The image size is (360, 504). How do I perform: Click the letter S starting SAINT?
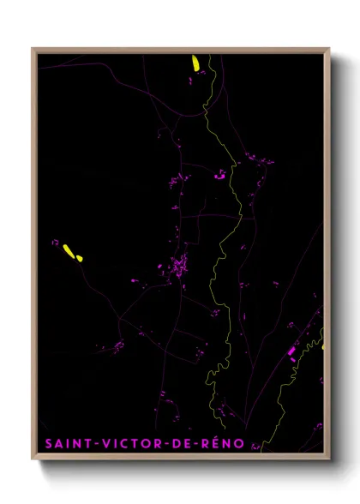(49, 444)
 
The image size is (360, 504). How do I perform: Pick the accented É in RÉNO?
(217, 443)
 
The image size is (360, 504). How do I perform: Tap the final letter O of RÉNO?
(240, 444)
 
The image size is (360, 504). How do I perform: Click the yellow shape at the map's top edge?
(195, 63)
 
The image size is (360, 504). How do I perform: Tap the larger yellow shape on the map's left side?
(67, 249)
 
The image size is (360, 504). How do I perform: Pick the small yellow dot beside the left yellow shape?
(79, 257)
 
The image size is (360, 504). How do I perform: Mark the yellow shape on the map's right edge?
(323, 346)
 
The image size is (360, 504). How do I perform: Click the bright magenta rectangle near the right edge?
(291, 351)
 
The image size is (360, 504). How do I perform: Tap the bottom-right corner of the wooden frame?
(330, 460)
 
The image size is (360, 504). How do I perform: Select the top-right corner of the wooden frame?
(330, 49)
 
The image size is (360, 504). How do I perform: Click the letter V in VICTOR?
(106, 444)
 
